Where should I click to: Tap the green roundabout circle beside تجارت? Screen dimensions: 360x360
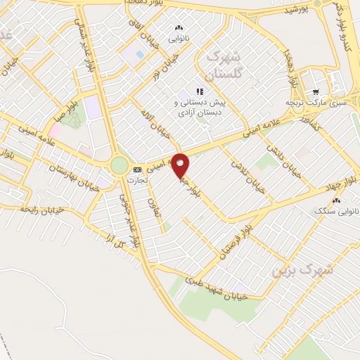(x=120, y=165)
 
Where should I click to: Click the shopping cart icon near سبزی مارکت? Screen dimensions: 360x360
(x=316, y=91)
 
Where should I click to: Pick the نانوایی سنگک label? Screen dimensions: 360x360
(x=334, y=210)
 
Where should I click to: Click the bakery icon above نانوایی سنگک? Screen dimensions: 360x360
(x=336, y=200)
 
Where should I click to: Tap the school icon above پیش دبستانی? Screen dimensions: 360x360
(x=200, y=91)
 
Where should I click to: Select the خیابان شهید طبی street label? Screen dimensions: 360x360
(x=217, y=288)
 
